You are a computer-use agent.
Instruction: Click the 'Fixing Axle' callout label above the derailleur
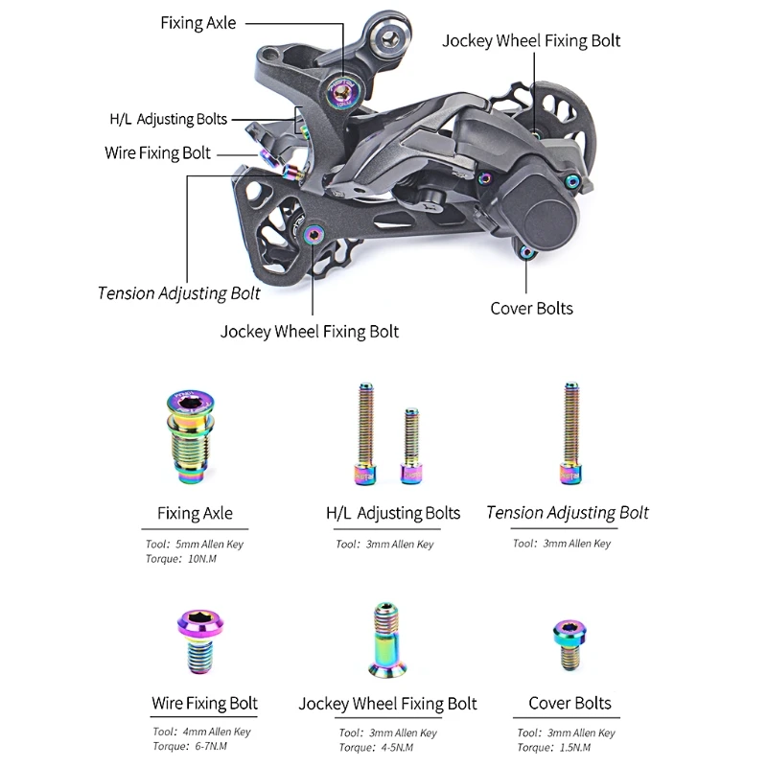tap(198, 22)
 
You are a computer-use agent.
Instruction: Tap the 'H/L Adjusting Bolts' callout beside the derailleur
tap(168, 120)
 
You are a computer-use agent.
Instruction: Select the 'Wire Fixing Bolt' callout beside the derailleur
tap(157, 152)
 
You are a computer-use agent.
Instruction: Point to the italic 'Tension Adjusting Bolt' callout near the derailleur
tap(178, 292)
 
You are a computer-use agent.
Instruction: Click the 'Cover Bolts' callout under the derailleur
tap(531, 308)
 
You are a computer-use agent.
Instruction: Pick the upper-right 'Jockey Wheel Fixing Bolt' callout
tap(530, 40)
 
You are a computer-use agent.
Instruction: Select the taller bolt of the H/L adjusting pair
tap(364, 432)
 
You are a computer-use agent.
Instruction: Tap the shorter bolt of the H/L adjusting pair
tap(411, 446)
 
